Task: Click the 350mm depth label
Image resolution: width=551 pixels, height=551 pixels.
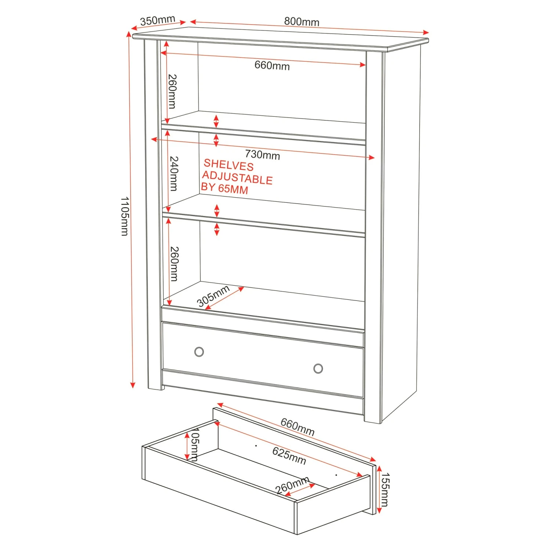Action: point(158,21)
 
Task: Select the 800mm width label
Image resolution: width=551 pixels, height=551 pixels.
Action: point(302,22)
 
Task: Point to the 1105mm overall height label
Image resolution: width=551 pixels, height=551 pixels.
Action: point(125,216)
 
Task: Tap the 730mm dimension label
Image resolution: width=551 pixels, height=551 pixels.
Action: point(262,155)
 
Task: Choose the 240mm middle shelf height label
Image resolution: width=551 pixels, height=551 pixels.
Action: point(174,174)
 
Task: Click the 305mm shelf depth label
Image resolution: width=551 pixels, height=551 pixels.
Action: point(213,296)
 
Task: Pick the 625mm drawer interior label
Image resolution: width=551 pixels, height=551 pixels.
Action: point(289,455)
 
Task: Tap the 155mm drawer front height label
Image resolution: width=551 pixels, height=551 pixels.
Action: point(384,490)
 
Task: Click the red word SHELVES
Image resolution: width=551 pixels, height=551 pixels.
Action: point(228,165)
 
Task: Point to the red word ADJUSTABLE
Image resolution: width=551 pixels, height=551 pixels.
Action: point(237,178)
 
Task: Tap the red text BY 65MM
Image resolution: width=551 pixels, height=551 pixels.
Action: point(224,188)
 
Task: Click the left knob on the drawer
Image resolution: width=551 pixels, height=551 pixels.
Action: point(199,352)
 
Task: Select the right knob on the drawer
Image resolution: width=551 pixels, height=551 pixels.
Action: point(318,368)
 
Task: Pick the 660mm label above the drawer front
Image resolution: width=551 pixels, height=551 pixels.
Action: point(298,427)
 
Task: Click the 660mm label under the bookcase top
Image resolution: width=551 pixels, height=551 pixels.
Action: point(272,65)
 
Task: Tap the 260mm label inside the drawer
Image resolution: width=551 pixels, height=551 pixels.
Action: point(292,486)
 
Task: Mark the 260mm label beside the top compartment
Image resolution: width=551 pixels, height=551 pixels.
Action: point(172,91)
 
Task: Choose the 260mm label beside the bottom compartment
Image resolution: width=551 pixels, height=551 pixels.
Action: point(174,264)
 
